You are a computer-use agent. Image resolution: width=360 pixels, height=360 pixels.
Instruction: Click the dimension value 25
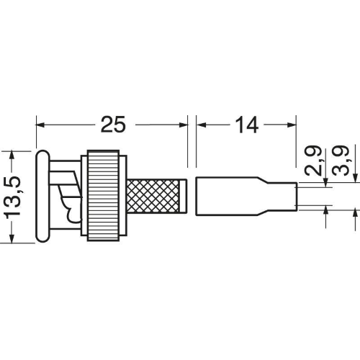pyautogui.click(x=113, y=125)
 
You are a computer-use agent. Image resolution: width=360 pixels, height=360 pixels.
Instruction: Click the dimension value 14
pyautogui.click(x=247, y=125)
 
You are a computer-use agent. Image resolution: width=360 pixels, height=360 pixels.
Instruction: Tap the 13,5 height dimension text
pyautogui.click(x=12, y=197)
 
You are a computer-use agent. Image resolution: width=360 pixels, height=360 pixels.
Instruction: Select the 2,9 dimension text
pyautogui.click(x=313, y=161)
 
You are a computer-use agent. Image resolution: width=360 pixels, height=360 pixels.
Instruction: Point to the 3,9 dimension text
pyautogui.click(x=341, y=161)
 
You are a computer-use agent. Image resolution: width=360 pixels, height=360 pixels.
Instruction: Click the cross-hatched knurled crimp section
pyautogui.click(x=153, y=196)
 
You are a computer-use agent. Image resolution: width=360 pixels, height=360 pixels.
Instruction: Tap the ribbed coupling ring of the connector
pyautogui.click(x=103, y=195)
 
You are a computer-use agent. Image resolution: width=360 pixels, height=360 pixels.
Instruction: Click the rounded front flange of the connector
pyautogui.click(x=43, y=196)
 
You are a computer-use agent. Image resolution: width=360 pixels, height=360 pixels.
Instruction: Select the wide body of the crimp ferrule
pyautogui.click(x=227, y=196)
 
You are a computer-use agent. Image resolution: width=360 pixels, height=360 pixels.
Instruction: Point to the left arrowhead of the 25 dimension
pyautogui.click(x=40, y=125)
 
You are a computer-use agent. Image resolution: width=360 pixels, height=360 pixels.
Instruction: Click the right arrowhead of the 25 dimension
pyautogui.click(x=184, y=125)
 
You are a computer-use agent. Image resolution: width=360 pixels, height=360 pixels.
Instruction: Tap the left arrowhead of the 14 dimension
pyautogui.click(x=201, y=125)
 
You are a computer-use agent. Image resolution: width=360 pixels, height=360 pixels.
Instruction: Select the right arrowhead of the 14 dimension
pyautogui.click(x=292, y=125)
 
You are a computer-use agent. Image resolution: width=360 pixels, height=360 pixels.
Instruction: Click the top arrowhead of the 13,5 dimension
pyautogui.click(x=12, y=155)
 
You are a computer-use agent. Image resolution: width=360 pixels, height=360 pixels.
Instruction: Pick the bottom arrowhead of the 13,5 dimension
pyautogui.click(x=12, y=238)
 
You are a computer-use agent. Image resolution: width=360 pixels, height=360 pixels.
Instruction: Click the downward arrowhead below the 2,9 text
pyautogui.click(x=325, y=183)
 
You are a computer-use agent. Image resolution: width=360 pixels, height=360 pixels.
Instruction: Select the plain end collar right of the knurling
pyautogui.click(x=183, y=196)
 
